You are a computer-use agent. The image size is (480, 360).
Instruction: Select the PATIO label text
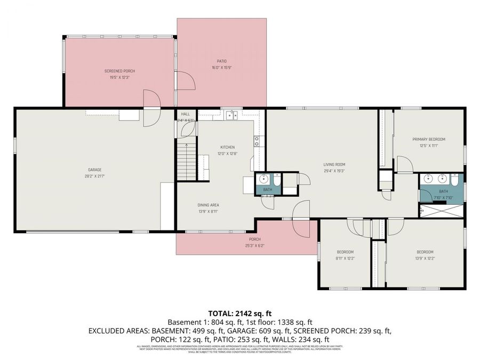221,61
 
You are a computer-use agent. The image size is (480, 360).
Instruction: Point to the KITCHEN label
228,147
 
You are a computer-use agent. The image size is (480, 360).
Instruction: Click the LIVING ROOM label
334,164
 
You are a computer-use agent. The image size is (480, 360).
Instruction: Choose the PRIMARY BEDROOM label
428,139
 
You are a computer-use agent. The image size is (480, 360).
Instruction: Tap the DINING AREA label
208,205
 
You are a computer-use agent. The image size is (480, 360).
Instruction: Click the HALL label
186,114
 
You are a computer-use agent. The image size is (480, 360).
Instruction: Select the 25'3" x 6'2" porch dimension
255,245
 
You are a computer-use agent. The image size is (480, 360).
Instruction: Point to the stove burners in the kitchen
257,141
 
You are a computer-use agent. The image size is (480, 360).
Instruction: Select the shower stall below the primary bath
442,211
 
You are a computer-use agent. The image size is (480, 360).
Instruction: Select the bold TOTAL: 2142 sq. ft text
239,313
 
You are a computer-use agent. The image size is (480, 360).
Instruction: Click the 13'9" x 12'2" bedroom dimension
425,258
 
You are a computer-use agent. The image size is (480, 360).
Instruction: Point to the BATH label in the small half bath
267,189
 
